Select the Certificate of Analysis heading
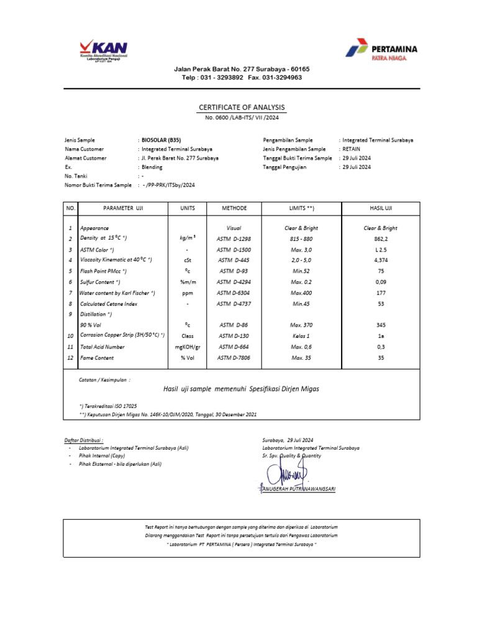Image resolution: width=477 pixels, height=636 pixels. click(242, 107)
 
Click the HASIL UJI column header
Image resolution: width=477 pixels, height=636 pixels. click(380, 209)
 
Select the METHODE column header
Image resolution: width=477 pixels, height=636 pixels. click(234, 209)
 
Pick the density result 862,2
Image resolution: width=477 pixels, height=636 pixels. click(380, 238)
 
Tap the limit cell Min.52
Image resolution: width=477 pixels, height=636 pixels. click(301, 271)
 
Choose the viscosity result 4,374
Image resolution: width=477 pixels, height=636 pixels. click(380, 260)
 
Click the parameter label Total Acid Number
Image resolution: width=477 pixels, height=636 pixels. click(102, 347)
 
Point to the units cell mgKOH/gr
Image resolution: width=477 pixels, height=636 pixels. click(188, 347)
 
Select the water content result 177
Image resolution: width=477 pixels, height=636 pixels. click(380, 293)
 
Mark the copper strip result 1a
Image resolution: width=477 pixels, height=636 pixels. click(380, 336)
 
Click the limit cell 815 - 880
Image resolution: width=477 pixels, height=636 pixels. click(301, 238)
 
